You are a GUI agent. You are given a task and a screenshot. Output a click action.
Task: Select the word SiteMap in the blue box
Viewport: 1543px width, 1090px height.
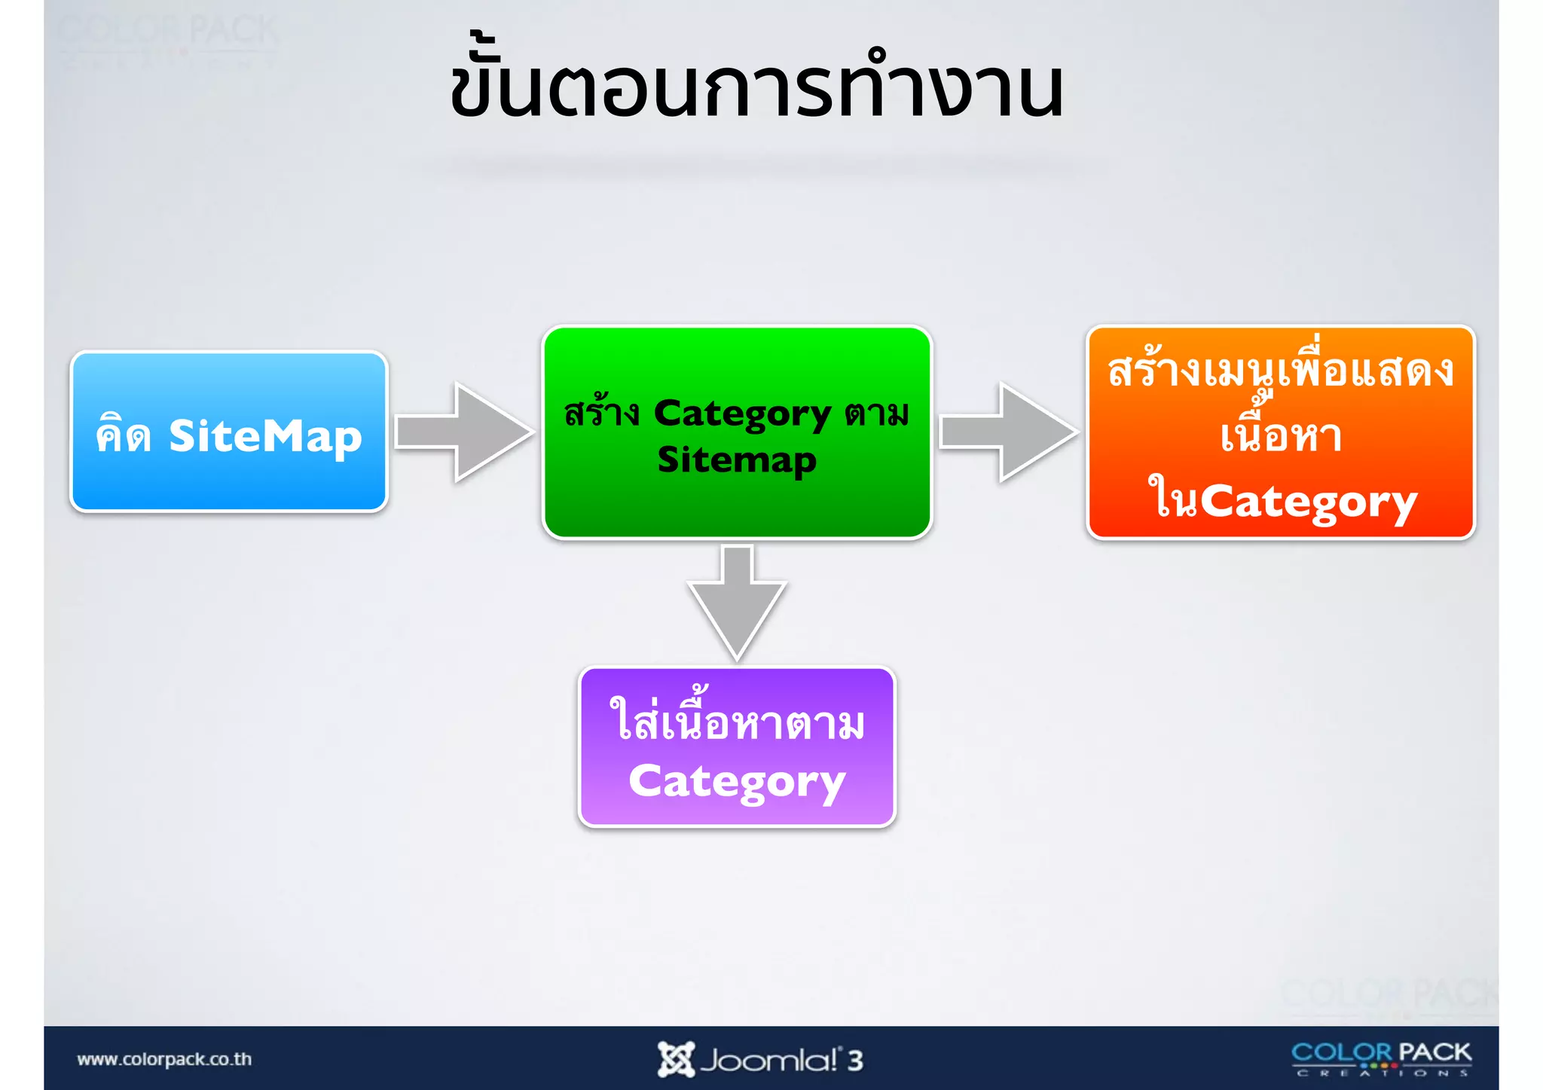[x=265, y=437]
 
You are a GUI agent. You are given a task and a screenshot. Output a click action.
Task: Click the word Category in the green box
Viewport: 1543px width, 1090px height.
[x=742, y=414]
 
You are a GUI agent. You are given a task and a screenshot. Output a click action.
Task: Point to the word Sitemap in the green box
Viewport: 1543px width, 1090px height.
[x=737, y=460]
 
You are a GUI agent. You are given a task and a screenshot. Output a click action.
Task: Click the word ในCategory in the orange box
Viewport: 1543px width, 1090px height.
[x=1282, y=501]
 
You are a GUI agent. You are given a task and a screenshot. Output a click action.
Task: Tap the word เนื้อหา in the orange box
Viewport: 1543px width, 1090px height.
[x=1281, y=435]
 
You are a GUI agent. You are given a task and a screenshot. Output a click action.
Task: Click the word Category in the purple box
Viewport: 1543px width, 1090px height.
[x=737, y=782]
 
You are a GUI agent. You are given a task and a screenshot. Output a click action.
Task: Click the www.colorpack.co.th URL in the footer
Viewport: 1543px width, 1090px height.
[x=164, y=1059]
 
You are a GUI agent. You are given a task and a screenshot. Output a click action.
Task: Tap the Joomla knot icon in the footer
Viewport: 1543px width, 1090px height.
[x=675, y=1059]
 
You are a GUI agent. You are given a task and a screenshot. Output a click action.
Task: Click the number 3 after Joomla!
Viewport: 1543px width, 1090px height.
[x=854, y=1061]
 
